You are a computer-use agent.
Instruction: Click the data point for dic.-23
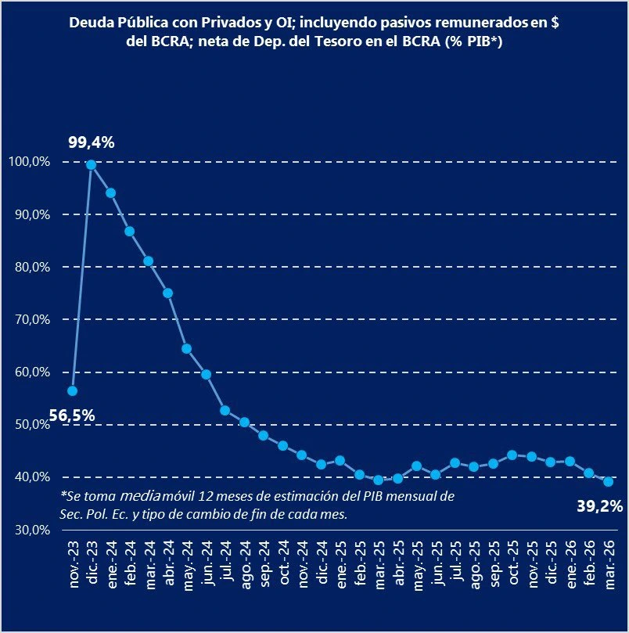click(92, 164)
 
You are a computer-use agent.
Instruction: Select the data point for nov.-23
click(72, 390)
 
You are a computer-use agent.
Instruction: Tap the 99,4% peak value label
click(92, 142)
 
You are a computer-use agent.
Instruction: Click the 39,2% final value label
click(601, 506)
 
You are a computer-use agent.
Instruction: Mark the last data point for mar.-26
click(608, 481)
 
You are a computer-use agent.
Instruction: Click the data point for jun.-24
click(206, 374)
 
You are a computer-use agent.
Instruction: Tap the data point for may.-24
click(187, 348)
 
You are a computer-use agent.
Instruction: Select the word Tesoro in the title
click(334, 43)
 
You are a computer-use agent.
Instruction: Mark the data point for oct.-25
click(512, 455)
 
